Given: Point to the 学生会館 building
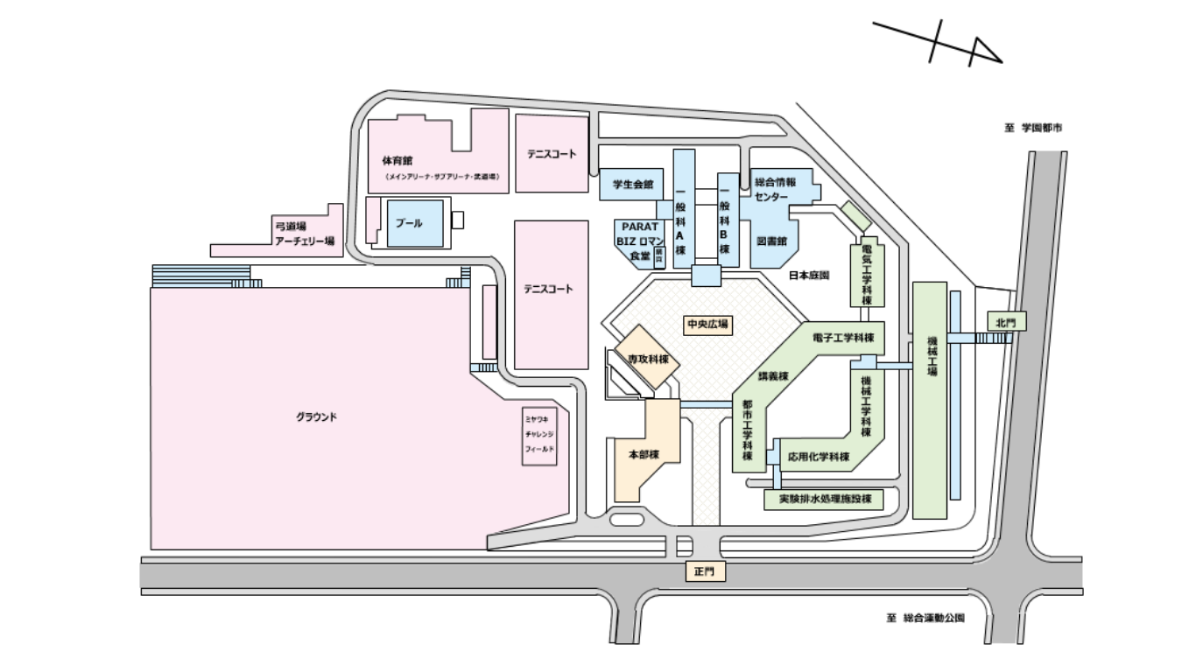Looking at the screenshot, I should click(x=630, y=185).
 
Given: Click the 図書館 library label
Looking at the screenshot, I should click(x=770, y=239).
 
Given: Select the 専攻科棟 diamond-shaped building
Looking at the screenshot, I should click(x=648, y=359).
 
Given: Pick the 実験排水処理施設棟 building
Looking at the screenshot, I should click(x=820, y=500).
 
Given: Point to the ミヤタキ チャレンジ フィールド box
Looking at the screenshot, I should click(x=538, y=434).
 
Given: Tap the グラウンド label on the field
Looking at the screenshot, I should click(x=316, y=416).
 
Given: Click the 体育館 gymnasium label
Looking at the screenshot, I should click(x=397, y=161).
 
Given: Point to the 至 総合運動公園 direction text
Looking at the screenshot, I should click(x=924, y=618).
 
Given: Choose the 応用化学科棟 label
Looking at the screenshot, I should click(x=818, y=457).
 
